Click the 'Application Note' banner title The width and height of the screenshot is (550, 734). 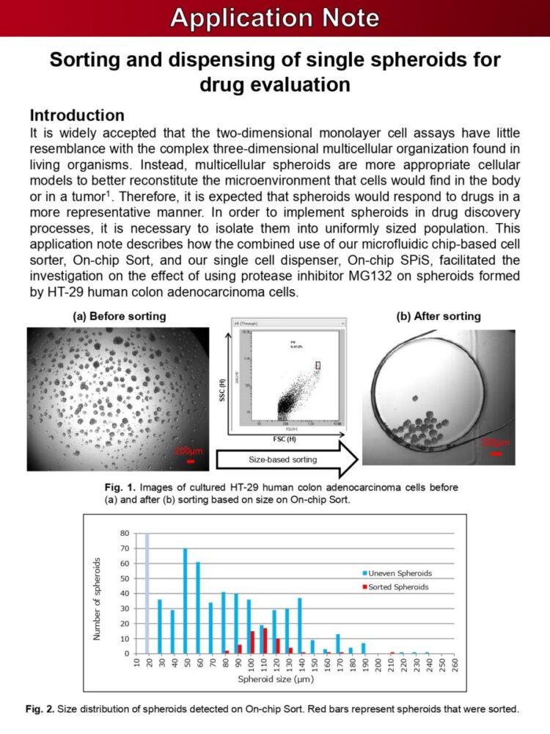pos(275,18)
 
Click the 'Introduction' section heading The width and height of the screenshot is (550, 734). pos(76,116)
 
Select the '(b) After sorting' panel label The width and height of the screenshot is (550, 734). pos(438,316)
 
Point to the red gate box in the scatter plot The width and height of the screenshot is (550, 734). pos(318,365)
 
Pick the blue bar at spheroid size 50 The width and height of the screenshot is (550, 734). pos(185,600)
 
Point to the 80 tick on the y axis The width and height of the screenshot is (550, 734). pos(125,534)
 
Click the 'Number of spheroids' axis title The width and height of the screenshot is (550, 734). pos(98,598)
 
